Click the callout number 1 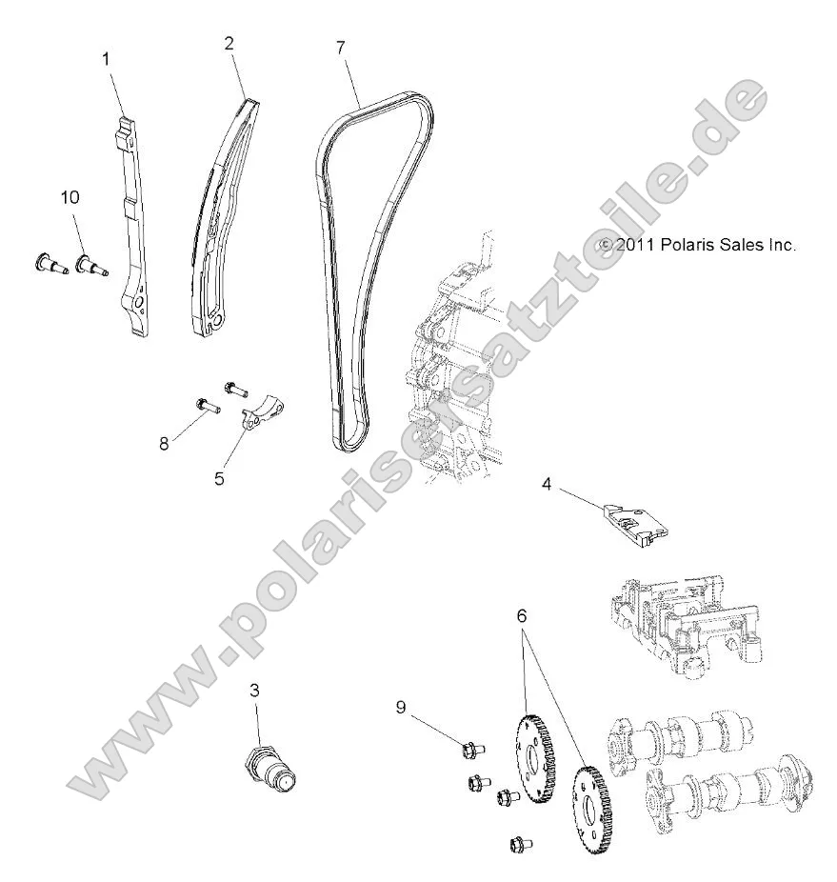click(106, 59)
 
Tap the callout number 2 click(229, 43)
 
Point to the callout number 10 click(70, 197)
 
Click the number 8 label click(164, 443)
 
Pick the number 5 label click(219, 478)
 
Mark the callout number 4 click(548, 483)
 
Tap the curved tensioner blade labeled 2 click(225, 219)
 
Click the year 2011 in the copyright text click(632, 245)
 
